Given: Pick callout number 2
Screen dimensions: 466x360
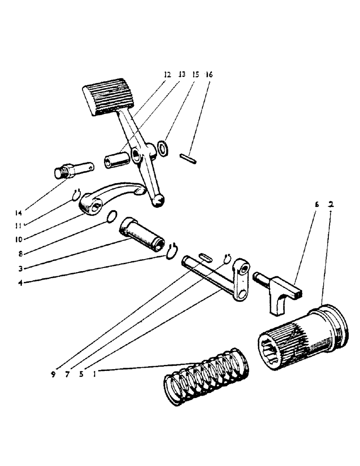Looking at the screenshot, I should tap(331, 205).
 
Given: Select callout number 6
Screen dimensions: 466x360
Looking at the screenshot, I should tap(316, 205).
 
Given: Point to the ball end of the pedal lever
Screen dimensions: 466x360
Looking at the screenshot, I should tap(159, 200).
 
